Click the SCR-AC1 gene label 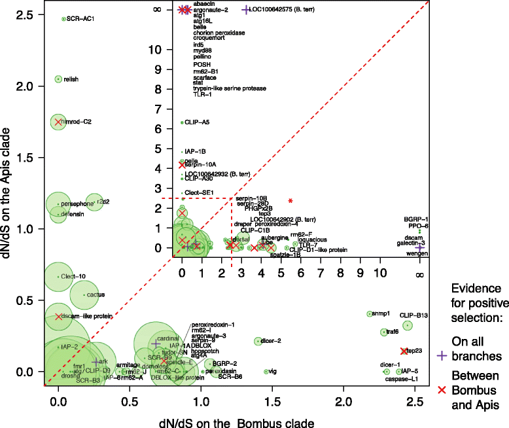[80, 19]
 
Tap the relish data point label [71, 79]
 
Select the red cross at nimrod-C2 [58, 122]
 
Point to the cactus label [96, 295]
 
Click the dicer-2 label [271, 341]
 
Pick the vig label [273, 372]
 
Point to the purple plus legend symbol [442, 355]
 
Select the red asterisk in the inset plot [290, 200]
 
